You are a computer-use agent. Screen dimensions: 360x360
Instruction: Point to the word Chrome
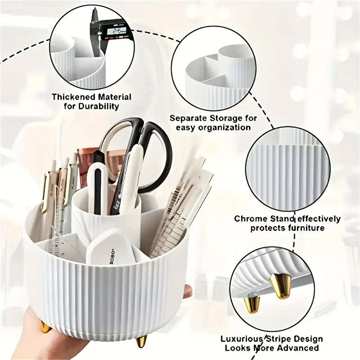point(249,219)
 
